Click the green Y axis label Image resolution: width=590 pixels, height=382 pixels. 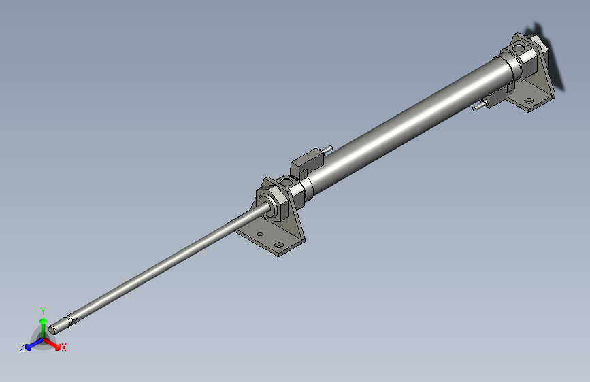click(43, 309)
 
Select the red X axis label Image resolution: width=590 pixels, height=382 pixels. click(64, 348)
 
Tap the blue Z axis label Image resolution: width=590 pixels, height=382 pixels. click(22, 347)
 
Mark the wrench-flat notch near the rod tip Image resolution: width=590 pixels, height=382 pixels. click(73, 316)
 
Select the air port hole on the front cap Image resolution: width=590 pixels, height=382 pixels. click(284, 181)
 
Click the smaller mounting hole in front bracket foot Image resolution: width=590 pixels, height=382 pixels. click(259, 234)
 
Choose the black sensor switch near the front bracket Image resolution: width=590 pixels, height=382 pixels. click(307, 161)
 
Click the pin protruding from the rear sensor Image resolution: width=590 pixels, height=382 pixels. click(478, 106)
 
